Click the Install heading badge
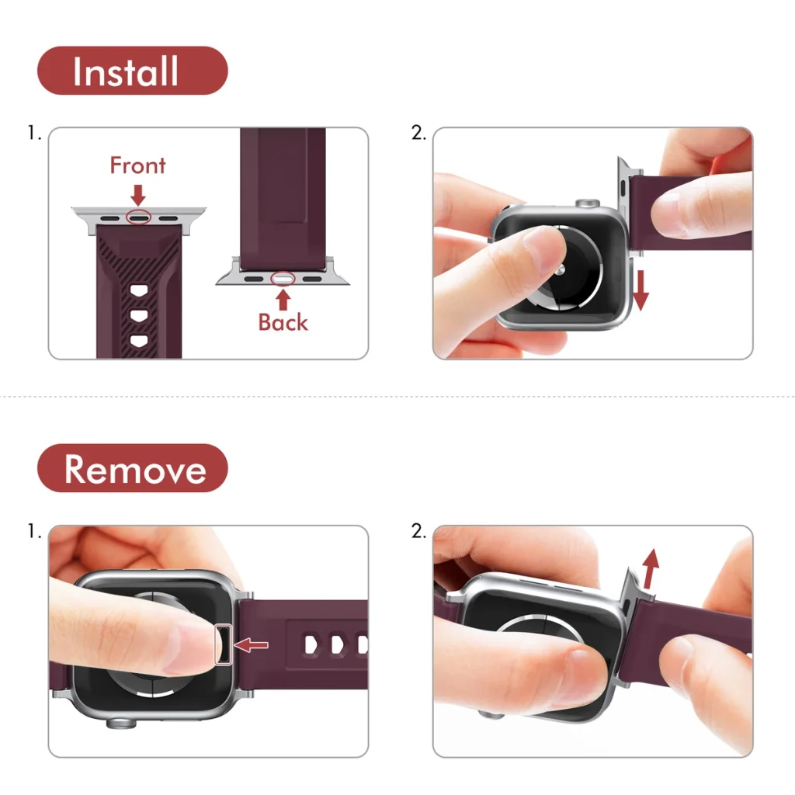point(132,71)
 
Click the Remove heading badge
point(132,468)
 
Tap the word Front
point(138,165)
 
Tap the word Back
point(283,322)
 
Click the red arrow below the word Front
point(138,195)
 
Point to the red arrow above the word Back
point(283,299)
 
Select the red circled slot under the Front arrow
point(138,217)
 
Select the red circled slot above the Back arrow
point(283,279)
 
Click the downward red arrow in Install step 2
point(641,290)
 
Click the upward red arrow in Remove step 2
point(651,568)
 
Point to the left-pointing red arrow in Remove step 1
point(251,645)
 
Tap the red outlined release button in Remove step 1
point(223,644)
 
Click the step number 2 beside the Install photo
point(418,133)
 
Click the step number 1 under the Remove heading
point(34,531)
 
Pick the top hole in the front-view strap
point(139,290)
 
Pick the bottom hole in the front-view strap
point(139,340)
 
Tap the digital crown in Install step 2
point(588,203)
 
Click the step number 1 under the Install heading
point(34,133)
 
